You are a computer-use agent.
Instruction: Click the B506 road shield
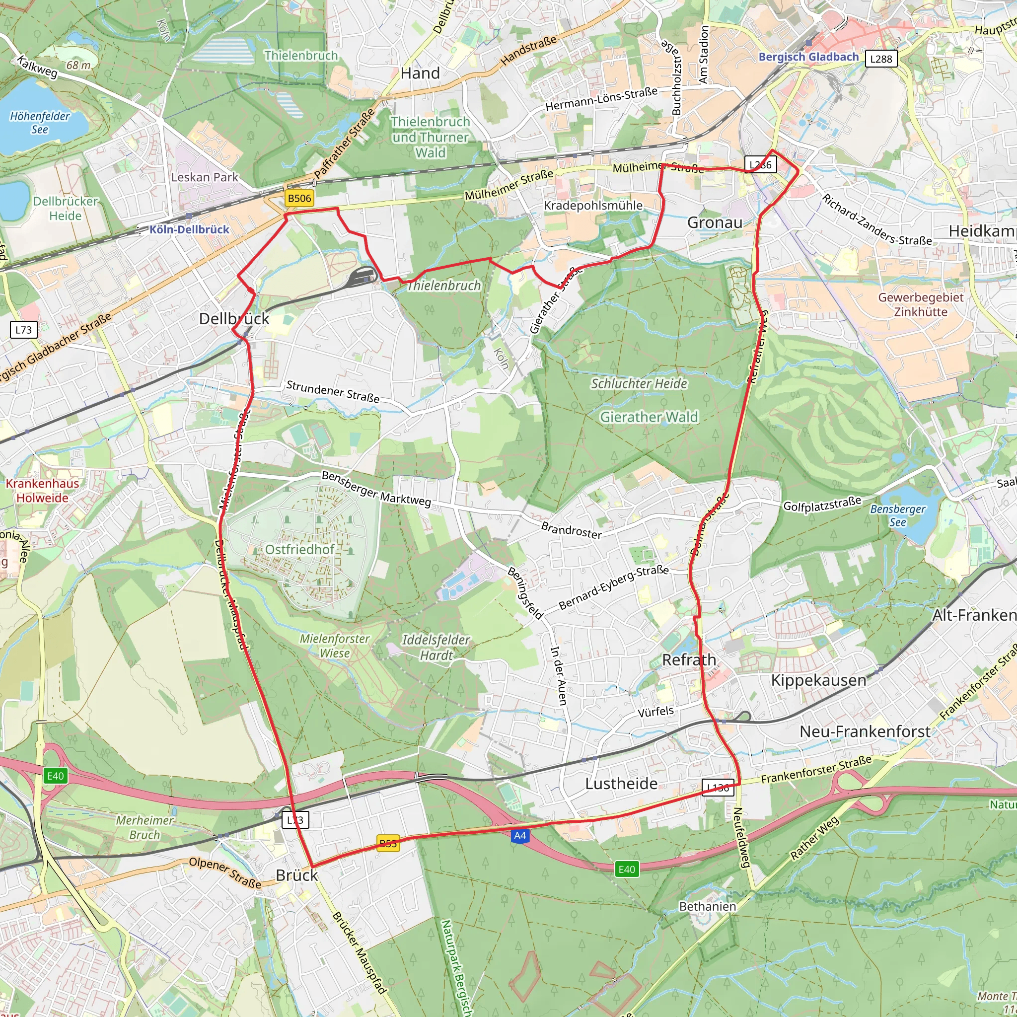tap(299, 198)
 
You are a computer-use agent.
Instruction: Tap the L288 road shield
tap(880, 59)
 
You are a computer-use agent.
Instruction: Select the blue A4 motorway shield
tap(519, 835)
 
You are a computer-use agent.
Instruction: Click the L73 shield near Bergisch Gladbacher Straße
tap(24, 330)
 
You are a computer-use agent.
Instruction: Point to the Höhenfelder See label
tap(40, 123)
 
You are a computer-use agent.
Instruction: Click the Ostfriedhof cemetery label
tap(299, 550)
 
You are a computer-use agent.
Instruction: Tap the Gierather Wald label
tap(649, 417)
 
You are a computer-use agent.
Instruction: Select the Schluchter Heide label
tap(639, 384)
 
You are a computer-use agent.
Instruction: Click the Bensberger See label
tap(897, 515)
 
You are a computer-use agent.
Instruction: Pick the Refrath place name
tap(689, 659)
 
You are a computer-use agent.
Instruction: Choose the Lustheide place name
tap(621, 784)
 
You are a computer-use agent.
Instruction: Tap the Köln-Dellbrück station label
tap(189, 229)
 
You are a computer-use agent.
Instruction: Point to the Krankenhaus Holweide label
tap(42, 491)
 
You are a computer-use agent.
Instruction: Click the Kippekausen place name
tap(818, 680)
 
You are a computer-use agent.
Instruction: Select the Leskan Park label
tap(204, 177)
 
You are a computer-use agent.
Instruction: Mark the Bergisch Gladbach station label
tap(808, 57)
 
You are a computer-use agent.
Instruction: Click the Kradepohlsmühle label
tap(593, 205)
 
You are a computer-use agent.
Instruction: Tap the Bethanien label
tap(707, 906)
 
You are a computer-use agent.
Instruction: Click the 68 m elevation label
tap(78, 65)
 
